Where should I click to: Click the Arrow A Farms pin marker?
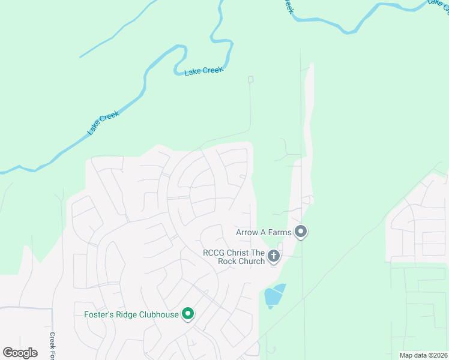pyautogui.click(x=301, y=231)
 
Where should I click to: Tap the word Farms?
pyautogui.click(x=279, y=232)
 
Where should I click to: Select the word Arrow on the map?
pyautogui.click(x=249, y=232)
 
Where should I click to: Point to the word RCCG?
pyautogui.click(x=214, y=253)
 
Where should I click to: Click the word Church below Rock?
pyautogui.click(x=250, y=261)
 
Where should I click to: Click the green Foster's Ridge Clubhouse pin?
pyautogui.click(x=188, y=313)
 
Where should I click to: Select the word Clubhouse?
pyautogui.click(x=157, y=315)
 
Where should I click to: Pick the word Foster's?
pyautogui.click(x=97, y=315)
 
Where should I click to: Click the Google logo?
pyautogui.click(x=20, y=352)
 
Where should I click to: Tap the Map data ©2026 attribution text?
pyautogui.click(x=423, y=355)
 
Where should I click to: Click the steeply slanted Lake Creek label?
pyautogui.click(x=103, y=122)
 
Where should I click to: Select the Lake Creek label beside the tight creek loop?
pyautogui.click(x=203, y=71)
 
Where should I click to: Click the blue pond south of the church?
pyautogui.click(x=274, y=295)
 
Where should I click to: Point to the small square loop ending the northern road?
pyautogui.click(x=250, y=79)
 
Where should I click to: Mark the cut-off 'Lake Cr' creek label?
pyautogui.click(x=438, y=3)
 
